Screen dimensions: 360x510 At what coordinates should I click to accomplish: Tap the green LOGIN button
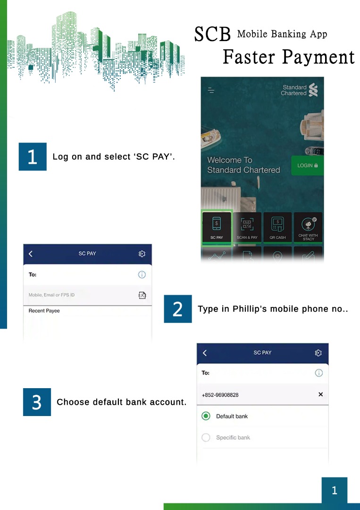click(x=307, y=166)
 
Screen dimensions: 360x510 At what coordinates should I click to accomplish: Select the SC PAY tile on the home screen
click(x=217, y=227)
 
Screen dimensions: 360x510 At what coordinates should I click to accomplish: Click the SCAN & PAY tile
click(x=247, y=227)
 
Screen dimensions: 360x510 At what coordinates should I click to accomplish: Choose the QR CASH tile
click(x=277, y=227)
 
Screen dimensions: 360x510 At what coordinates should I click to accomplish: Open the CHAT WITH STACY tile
click(x=308, y=227)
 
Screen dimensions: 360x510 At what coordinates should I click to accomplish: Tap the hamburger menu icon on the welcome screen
click(x=211, y=90)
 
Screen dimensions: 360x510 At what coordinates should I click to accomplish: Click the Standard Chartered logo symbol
click(x=313, y=90)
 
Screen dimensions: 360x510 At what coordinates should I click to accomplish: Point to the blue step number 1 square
click(x=33, y=156)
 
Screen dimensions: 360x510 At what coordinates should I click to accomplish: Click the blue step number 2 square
click(x=178, y=309)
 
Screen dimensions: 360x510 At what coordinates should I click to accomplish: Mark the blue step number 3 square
click(x=37, y=402)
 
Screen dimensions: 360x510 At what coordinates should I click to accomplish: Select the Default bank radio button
click(x=206, y=416)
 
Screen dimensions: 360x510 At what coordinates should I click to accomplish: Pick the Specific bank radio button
click(x=206, y=437)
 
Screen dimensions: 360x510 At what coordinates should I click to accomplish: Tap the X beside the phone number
click(x=321, y=394)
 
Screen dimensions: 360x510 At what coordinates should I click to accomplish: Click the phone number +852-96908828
click(x=220, y=395)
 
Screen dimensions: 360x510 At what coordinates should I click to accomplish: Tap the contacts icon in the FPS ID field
click(x=142, y=295)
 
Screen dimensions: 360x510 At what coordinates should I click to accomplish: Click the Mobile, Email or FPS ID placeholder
click(x=51, y=295)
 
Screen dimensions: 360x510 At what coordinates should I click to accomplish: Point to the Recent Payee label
click(x=44, y=311)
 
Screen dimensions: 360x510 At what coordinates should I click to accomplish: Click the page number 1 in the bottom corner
click(x=335, y=490)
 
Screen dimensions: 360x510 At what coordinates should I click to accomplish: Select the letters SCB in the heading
click(x=212, y=34)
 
